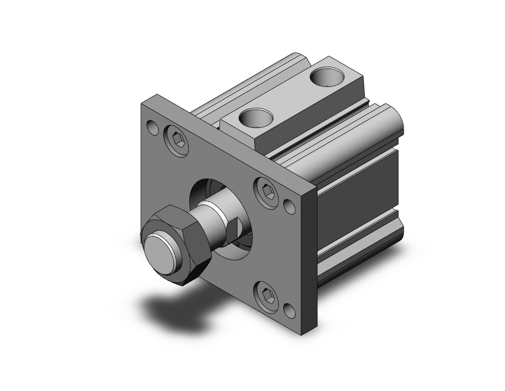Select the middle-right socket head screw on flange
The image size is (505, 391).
[266, 191]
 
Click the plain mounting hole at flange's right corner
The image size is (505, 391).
[290, 206]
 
